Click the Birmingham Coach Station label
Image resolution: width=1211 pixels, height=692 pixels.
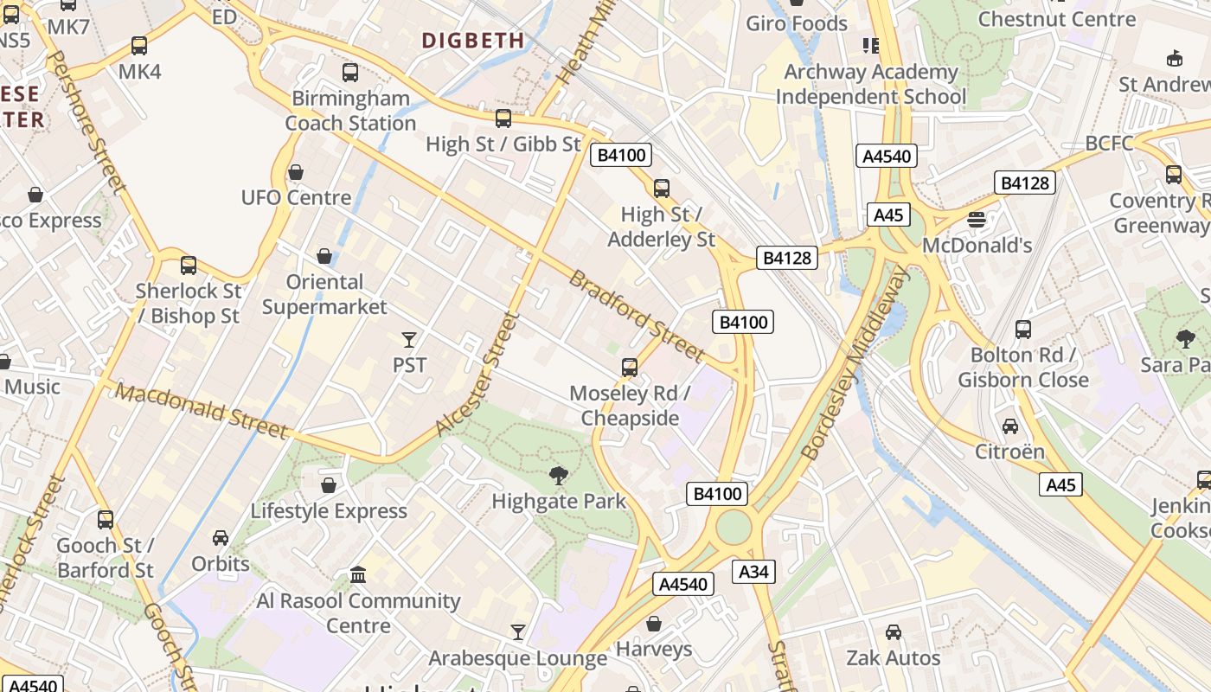tap(350, 111)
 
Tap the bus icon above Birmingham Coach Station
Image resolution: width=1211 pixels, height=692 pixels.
tap(350, 73)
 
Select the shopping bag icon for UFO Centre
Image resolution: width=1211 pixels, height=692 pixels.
tap(296, 172)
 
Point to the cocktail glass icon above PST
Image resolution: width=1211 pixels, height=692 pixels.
tap(409, 340)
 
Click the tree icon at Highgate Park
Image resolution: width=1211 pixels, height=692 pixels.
tap(559, 475)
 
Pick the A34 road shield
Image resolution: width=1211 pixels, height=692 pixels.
tap(753, 571)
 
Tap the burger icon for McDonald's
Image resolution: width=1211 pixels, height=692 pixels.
tap(977, 220)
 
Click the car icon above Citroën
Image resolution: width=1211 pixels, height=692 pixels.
tap(1009, 426)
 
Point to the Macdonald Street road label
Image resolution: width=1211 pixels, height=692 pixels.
tap(201, 411)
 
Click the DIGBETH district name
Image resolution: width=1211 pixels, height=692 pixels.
tap(473, 40)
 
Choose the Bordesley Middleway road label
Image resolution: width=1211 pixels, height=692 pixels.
tap(855, 363)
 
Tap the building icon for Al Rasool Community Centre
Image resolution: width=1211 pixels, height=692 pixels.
tap(357, 575)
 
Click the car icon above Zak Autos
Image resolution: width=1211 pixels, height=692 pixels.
tap(894, 632)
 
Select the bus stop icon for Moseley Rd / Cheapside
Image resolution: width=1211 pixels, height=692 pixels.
tap(630, 368)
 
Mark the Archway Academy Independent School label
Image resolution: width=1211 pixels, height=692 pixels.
tap(870, 84)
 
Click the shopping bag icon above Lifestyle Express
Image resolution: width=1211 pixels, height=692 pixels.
tap(329, 485)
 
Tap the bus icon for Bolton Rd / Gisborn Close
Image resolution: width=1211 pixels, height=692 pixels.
tap(1023, 330)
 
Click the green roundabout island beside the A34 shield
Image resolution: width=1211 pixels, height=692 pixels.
tap(733, 528)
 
